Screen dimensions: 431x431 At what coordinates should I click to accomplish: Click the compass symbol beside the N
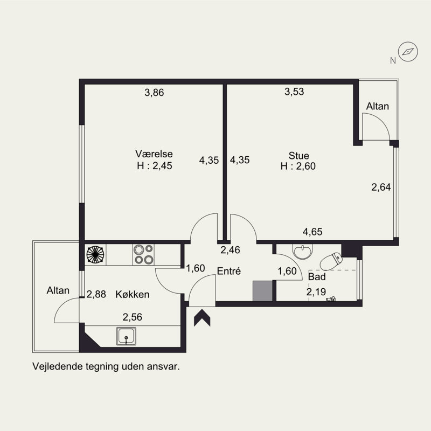(x=408, y=51)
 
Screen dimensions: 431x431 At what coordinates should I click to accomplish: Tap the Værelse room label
(x=154, y=154)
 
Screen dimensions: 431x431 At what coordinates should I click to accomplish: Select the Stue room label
(x=299, y=156)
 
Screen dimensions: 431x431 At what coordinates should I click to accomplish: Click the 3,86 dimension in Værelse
(x=154, y=93)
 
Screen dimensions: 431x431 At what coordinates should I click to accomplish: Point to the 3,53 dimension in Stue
(x=294, y=92)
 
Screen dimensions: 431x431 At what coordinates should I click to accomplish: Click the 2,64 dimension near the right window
(x=381, y=187)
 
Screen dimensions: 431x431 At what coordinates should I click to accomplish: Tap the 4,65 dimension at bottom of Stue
(x=312, y=232)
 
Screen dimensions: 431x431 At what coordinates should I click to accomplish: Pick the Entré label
(x=228, y=272)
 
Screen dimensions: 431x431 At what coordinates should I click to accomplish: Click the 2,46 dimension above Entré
(x=231, y=250)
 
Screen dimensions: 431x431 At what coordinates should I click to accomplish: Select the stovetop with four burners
(x=143, y=254)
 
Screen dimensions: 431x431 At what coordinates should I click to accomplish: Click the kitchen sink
(x=126, y=336)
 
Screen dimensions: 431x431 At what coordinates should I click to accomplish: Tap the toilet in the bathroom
(x=331, y=261)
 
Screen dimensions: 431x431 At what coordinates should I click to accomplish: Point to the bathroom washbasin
(x=303, y=251)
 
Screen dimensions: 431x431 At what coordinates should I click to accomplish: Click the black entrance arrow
(x=202, y=318)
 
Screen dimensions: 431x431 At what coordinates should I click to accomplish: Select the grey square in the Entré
(x=262, y=291)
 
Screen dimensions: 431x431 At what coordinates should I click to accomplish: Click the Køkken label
(x=133, y=294)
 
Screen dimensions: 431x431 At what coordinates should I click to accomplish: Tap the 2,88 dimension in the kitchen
(x=96, y=294)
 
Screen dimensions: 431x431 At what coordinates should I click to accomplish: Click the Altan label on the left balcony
(x=58, y=290)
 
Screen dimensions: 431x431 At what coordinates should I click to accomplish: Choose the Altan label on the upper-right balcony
(x=378, y=106)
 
